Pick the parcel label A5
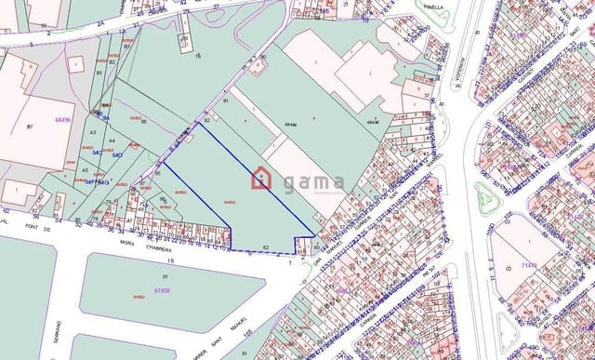(85, 170)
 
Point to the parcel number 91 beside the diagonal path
(226, 100)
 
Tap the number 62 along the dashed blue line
(267, 247)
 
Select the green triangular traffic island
(485, 198)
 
